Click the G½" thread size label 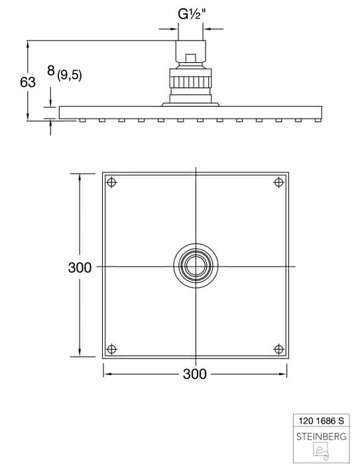coord(191,15)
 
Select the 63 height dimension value coord(28,82)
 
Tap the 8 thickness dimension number coord(51,71)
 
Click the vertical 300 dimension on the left coord(80,268)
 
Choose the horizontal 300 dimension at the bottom coord(195,374)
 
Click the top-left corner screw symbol coord(111,182)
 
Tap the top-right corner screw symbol coord(279,182)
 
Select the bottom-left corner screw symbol coord(111,349)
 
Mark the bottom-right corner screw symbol coord(279,349)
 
